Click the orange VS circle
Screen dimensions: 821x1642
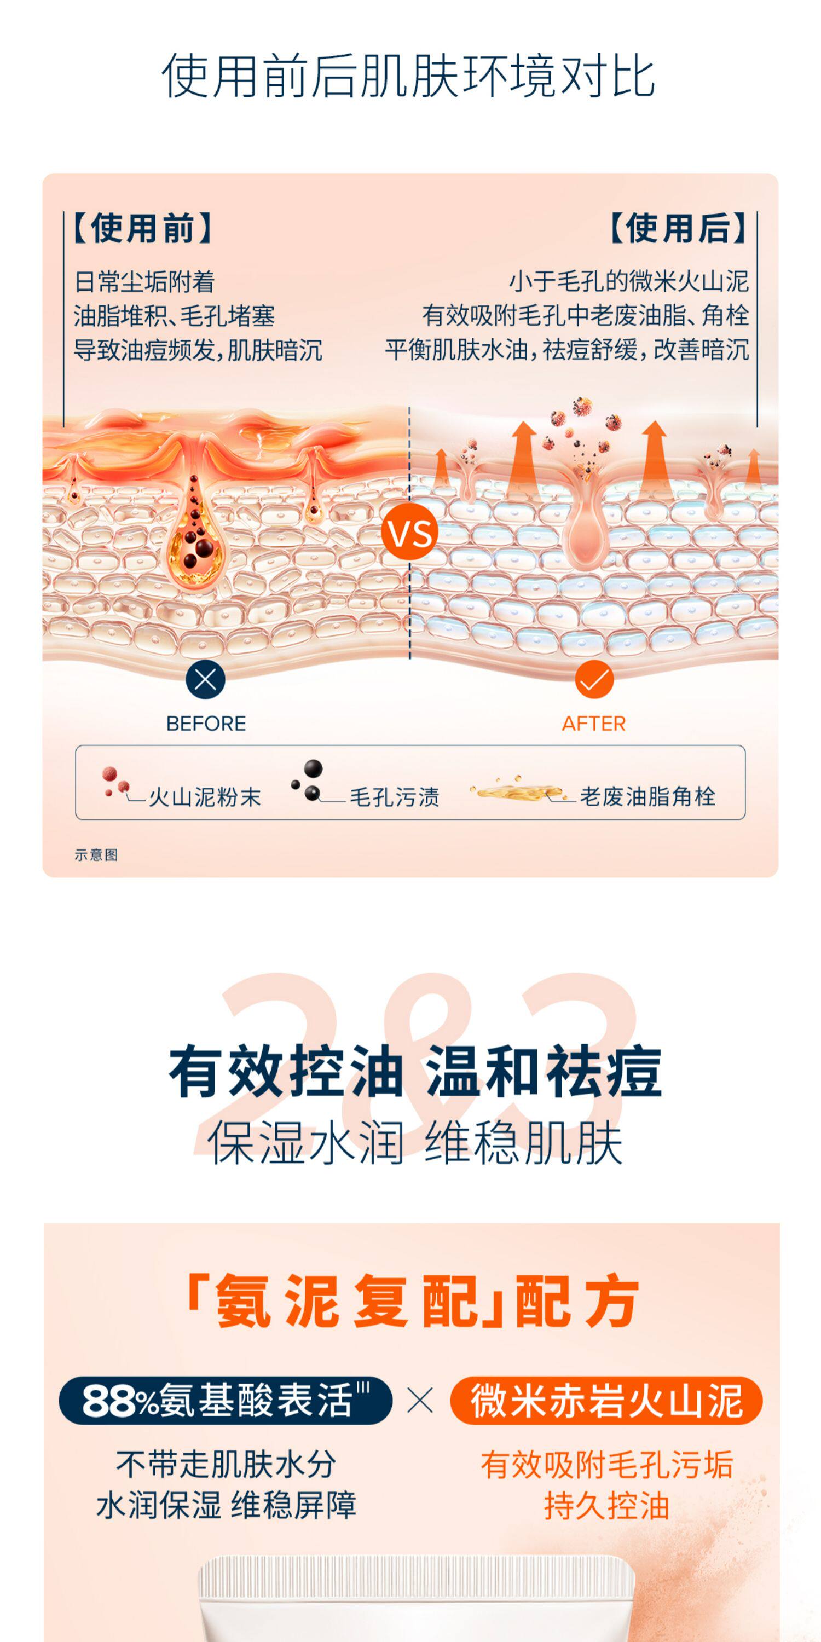coord(410,531)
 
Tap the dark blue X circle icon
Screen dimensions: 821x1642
coord(205,679)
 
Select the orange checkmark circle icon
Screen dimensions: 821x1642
coord(594,679)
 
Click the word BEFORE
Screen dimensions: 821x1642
coord(206,724)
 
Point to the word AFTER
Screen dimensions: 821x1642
coord(593,724)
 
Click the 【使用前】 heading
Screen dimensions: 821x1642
coord(142,228)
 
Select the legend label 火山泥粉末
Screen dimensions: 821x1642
coord(205,797)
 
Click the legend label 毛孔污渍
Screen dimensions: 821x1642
coord(395,797)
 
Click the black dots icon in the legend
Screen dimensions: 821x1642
coord(308,780)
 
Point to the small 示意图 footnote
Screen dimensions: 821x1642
coord(96,855)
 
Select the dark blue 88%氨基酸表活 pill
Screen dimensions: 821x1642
coord(225,1401)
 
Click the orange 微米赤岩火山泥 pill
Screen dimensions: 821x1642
coord(606,1401)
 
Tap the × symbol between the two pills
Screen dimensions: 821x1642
coord(420,1401)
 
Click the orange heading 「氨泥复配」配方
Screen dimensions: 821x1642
coord(411,1300)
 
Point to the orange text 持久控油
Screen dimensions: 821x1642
coord(606,1506)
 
